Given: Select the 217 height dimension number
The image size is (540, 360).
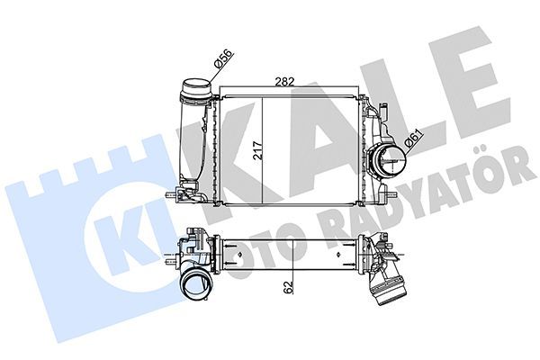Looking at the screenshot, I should (257, 148).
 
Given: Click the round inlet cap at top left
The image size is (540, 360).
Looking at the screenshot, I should (195, 90).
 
